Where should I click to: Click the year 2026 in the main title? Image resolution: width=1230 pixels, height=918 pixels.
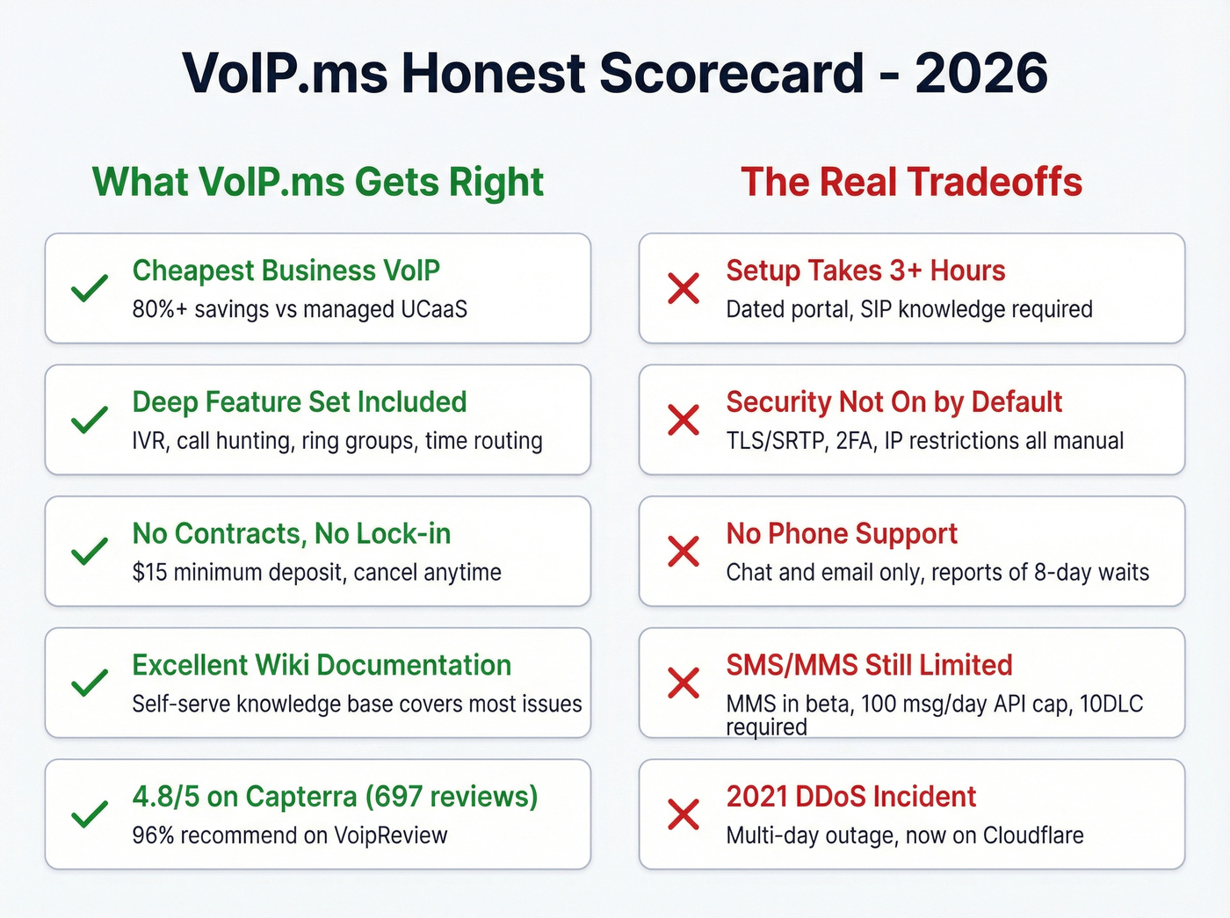[x=980, y=73]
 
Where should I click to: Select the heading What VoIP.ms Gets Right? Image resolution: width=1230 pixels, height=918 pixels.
[x=318, y=183]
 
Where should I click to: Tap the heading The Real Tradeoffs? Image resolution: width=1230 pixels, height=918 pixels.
[x=911, y=183]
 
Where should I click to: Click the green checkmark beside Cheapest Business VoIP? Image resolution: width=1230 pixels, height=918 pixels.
[x=90, y=288]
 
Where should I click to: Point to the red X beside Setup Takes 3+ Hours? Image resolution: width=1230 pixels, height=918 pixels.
[x=684, y=288]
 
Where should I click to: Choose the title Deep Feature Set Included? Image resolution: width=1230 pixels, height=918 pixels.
[x=300, y=402]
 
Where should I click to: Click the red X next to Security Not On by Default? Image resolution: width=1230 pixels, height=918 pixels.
[x=684, y=420]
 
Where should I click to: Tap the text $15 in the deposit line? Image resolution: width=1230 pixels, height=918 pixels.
[x=149, y=573]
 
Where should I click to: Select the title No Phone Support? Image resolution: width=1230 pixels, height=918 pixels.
[x=841, y=534]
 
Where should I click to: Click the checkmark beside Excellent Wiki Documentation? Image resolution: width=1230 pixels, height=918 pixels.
[x=90, y=683]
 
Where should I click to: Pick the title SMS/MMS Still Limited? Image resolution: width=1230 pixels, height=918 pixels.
[x=869, y=666]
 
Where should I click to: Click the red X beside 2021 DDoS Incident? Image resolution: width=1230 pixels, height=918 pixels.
[x=684, y=814]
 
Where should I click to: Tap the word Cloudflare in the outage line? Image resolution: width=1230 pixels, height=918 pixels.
[x=1032, y=835]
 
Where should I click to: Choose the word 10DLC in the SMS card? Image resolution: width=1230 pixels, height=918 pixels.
[x=1111, y=705]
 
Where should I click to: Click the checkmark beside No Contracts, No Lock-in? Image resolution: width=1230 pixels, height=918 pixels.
[x=90, y=552]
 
